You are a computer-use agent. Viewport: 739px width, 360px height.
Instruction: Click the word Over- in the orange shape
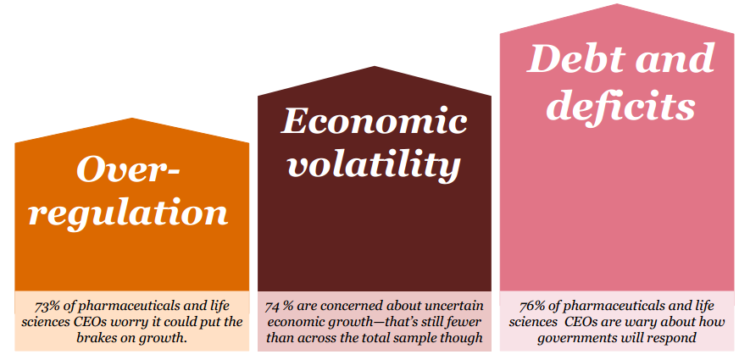tap(128, 169)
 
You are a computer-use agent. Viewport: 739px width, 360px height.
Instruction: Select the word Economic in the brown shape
tap(375, 122)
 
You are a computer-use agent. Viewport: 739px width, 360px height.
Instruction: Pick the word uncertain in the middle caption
tap(460, 307)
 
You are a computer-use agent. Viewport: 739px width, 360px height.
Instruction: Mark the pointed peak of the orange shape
tap(132, 119)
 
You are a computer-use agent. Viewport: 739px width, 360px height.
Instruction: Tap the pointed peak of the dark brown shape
tap(375, 66)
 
